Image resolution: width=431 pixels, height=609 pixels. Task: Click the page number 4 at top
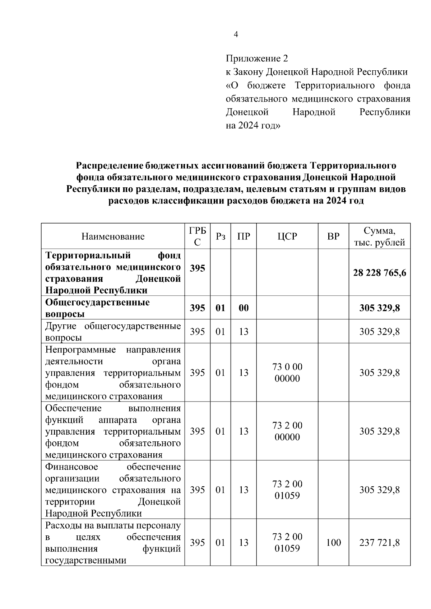tap(236, 34)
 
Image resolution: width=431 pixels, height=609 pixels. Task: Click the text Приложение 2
tap(257, 58)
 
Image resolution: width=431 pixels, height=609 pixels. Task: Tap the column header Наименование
tap(113, 236)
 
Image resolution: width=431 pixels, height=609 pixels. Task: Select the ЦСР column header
tap(287, 236)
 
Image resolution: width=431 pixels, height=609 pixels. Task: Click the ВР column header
tap(333, 236)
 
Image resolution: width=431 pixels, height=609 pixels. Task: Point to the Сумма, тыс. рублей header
tap(379, 236)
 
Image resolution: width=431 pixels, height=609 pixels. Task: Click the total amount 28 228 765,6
tap(379, 273)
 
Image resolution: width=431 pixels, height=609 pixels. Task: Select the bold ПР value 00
tap(244, 308)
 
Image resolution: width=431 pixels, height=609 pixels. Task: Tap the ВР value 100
tap(333, 542)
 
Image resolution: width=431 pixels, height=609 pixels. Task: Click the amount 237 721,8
tap(379, 542)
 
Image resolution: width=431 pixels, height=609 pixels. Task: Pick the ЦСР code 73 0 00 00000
tap(287, 373)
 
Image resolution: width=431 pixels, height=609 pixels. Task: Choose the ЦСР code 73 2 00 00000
tap(287, 431)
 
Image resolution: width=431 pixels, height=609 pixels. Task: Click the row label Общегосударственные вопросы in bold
tap(97, 308)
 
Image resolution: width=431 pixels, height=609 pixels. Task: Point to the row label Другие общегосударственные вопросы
tap(113, 332)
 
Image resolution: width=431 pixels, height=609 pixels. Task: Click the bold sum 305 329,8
tap(379, 308)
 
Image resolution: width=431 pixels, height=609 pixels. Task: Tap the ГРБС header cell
tap(197, 236)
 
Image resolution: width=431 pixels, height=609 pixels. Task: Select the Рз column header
tap(220, 236)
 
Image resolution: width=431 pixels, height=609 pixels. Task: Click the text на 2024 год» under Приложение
tap(253, 126)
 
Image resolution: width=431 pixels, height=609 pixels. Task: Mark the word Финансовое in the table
tap(71, 467)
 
